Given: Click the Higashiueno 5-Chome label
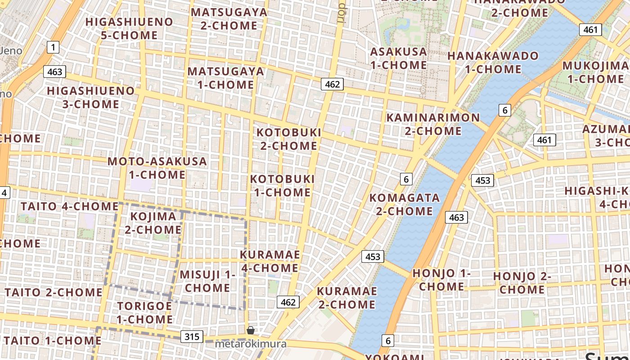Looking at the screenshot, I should (129, 28).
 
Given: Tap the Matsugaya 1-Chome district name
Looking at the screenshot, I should (225, 78).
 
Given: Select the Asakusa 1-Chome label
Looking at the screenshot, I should (398, 58).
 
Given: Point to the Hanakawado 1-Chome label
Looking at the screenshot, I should (493, 63).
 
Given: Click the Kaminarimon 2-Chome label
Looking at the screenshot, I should (433, 124).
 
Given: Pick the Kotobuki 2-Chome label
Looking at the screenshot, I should (289, 139).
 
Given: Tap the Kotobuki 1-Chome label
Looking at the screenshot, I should (282, 185).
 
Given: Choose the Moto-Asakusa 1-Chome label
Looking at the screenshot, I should (157, 168).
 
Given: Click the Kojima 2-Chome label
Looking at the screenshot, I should (153, 223).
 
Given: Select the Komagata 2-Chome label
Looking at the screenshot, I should (405, 204).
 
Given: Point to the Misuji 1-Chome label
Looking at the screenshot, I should (208, 281).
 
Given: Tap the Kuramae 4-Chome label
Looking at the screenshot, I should (270, 261).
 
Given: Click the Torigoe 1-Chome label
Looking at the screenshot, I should (145, 313).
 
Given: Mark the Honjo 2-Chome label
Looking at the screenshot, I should (522, 283).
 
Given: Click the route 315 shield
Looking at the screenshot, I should (192, 336).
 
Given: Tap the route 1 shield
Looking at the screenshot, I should (53, 47).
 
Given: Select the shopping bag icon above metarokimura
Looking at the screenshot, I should (251, 330).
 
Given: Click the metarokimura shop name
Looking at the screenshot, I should (251, 344).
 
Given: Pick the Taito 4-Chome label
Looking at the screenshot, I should (69, 207).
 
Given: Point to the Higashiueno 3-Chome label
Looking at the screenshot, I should (91, 97).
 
